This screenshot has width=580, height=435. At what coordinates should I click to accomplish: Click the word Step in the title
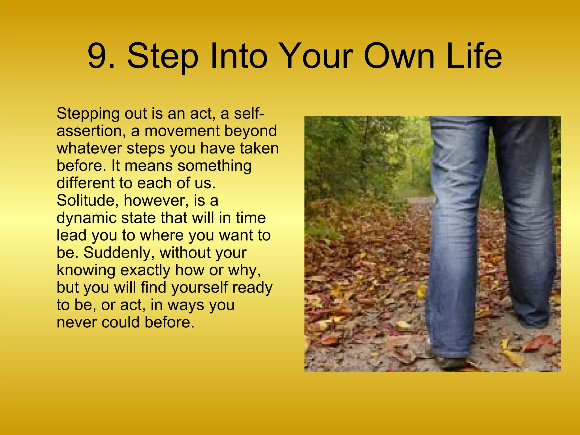(163, 57)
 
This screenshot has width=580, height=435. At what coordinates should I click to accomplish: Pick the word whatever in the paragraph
(89, 148)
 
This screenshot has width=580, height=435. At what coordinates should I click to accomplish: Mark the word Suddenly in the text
(119, 253)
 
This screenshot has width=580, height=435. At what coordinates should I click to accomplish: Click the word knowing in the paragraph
(86, 271)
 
